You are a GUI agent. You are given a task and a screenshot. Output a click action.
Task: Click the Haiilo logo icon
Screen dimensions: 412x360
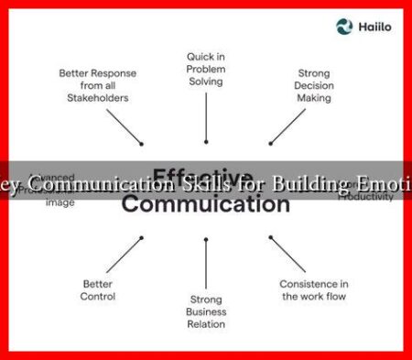click(x=344, y=27)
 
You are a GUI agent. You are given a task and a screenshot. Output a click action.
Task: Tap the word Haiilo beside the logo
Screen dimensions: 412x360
click(x=373, y=27)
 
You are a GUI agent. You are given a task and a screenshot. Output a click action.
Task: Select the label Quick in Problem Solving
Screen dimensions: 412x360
click(x=205, y=70)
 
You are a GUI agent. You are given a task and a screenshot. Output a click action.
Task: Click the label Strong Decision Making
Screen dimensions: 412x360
click(x=314, y=85)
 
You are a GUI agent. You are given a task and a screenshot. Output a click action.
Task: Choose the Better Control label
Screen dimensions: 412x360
click(x=97, y=289)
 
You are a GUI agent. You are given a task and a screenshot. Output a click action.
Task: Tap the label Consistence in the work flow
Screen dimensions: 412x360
click(x=314, y=289)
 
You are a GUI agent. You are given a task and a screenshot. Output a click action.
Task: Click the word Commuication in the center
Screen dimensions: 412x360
click(x=206, y=204)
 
